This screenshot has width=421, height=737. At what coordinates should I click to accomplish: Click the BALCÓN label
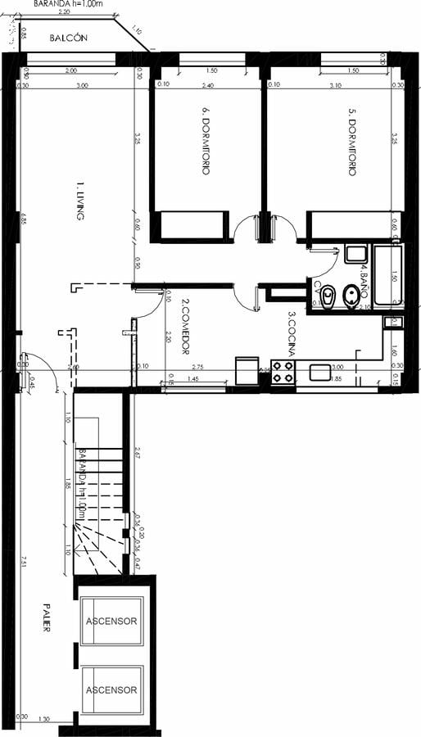tap(69, 38)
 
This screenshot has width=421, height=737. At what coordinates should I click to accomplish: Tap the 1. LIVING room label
tap(80, 201)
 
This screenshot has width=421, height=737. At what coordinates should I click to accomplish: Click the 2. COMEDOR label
tap(185, 326)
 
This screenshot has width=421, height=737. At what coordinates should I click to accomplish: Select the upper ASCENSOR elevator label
tap(111, 621)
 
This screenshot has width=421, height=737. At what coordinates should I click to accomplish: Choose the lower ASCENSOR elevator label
tap(111, 690)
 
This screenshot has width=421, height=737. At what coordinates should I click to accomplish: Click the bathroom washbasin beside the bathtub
tap(356, 253)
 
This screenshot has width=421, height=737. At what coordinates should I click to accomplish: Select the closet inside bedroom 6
tap(192, 225)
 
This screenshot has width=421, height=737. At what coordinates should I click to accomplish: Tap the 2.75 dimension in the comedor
tap(197, 368)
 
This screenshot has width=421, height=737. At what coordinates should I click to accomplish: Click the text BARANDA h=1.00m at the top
tap(69, 4)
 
